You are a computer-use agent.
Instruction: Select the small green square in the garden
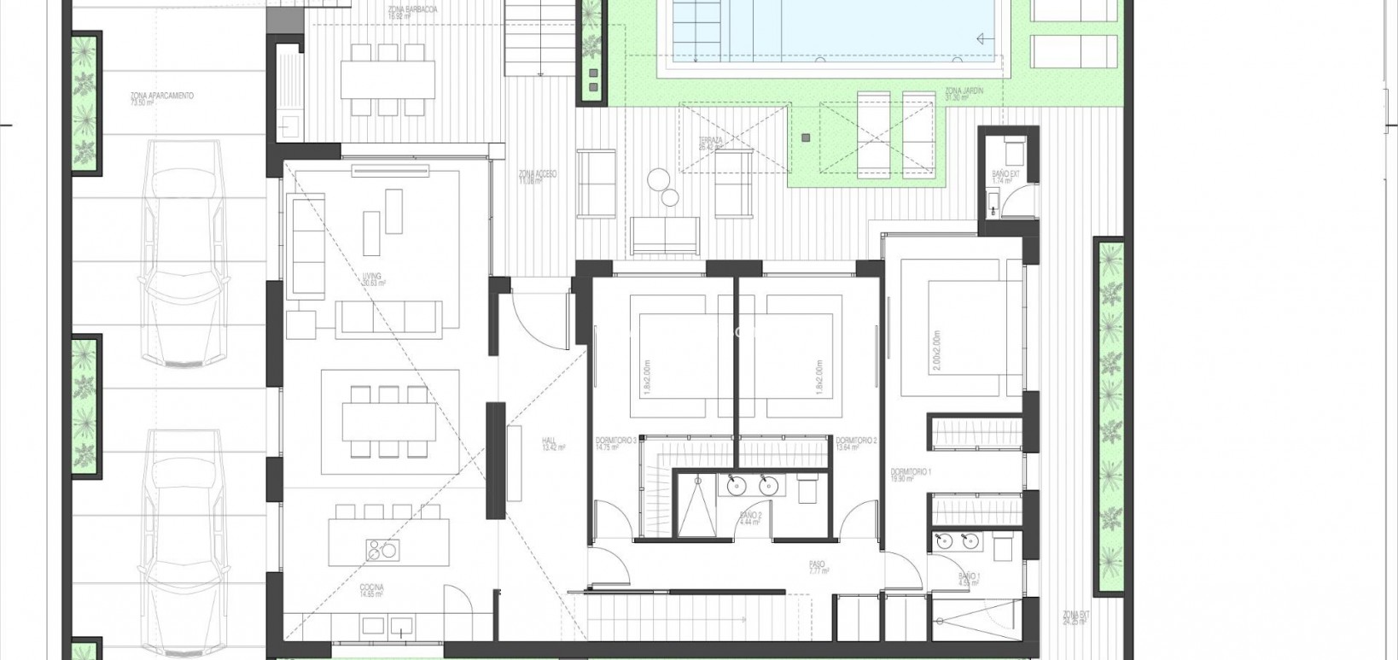point(805,137)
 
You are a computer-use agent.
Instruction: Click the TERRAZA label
point(710,143)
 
